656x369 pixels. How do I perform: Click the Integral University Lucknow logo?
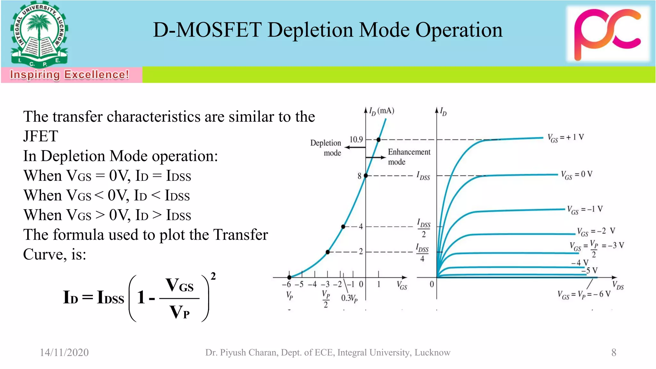[x=39, y=35]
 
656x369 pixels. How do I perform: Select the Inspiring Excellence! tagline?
[x=69, y=75]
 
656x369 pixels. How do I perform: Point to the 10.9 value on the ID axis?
[x=356, y=139]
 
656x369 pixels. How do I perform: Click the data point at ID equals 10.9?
[x=379, y=140]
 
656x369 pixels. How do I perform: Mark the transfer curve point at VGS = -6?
[x=289, y=277]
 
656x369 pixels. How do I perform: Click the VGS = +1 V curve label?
[x=566, y=138]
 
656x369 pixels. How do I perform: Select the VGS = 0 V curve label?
[x=577, y=175]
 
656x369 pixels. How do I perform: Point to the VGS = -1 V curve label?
[x=585, y=210]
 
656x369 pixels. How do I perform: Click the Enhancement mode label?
[x=409, y=157]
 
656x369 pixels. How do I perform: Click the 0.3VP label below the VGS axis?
[x=349, y=299]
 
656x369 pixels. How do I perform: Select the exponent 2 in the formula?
[x=213, y=276]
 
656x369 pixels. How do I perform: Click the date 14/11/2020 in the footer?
[x=64, y=352]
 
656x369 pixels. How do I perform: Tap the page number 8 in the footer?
[x=614, y=352]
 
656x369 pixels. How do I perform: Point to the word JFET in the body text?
[x=41, y=136]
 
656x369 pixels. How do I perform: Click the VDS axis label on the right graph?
[x=618, y=285]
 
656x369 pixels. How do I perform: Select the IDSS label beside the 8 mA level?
[x=423, y=176]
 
